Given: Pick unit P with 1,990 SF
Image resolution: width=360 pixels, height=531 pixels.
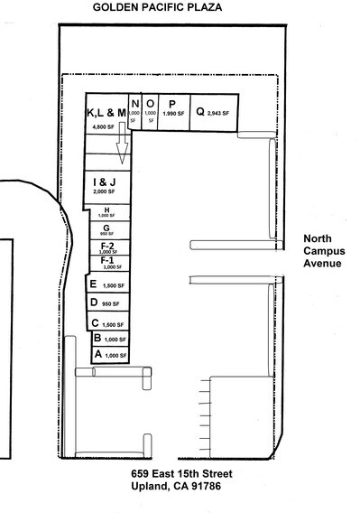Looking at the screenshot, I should pos(171,109).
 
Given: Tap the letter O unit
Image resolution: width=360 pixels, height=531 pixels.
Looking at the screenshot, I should pos(150,109).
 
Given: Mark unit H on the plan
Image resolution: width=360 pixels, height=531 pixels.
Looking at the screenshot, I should pos(106,212).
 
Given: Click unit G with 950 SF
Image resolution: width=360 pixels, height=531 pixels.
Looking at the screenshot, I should pos(106,229).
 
